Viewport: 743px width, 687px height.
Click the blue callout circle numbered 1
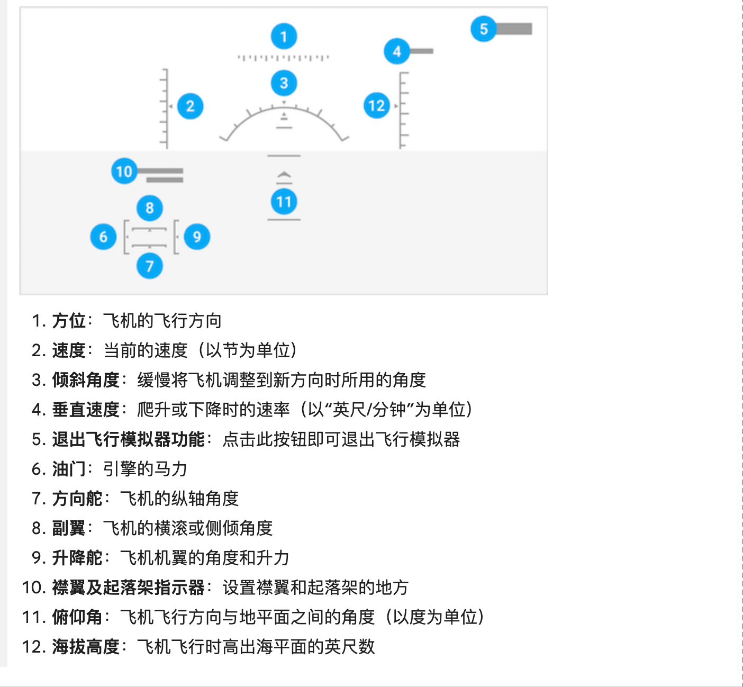[284, 37]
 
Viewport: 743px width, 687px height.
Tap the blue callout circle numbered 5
[484, 29]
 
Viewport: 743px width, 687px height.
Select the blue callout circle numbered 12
[377, 105]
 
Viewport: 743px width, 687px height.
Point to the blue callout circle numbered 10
[124, 171]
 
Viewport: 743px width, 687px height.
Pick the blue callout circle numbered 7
[150, 266]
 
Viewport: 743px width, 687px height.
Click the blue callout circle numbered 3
[284, 83]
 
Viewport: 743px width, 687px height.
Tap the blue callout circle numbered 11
[284, 202]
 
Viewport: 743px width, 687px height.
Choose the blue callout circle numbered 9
[197, 237]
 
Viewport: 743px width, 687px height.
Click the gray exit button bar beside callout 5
[514, 29]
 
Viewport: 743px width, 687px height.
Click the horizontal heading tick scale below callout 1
[284, 58]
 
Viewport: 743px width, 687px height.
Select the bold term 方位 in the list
[69, 321]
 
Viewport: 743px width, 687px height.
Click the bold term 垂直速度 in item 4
[86, 410]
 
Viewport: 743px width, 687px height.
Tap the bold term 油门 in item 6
[69, 469]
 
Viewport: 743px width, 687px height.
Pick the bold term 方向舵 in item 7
[77, 499]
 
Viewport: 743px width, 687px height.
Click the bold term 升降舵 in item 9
[77, 557]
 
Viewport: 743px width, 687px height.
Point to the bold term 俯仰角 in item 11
[77, 617]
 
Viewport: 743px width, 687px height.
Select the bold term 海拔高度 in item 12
[86, 646]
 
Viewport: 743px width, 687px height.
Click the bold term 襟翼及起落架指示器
[128, 587]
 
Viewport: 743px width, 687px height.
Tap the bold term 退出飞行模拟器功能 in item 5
[128, 439]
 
